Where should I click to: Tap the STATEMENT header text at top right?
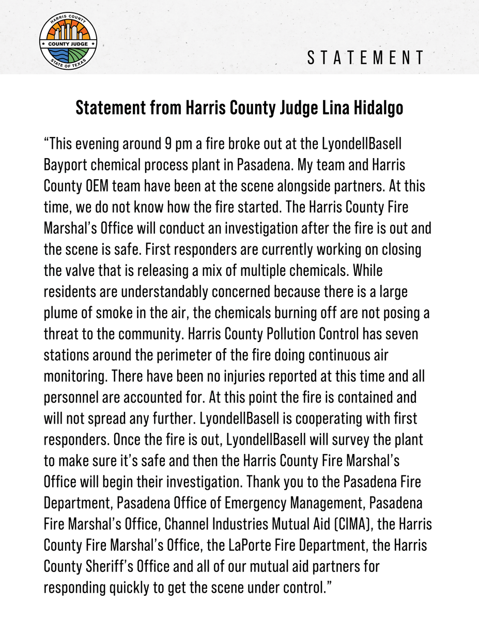pos(366,58)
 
